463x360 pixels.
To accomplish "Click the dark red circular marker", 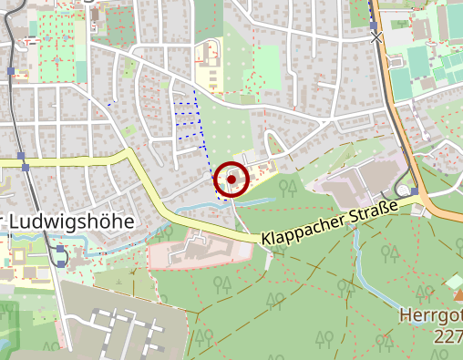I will tap(232, 180).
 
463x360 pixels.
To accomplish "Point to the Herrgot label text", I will tap(430, 316).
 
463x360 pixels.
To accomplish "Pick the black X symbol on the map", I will tap(376, 37).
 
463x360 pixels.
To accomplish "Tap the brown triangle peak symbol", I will tap(456, 283).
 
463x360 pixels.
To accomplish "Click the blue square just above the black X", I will tap(373, 26).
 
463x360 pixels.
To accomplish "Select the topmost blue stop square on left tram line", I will tap(10, 70).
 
